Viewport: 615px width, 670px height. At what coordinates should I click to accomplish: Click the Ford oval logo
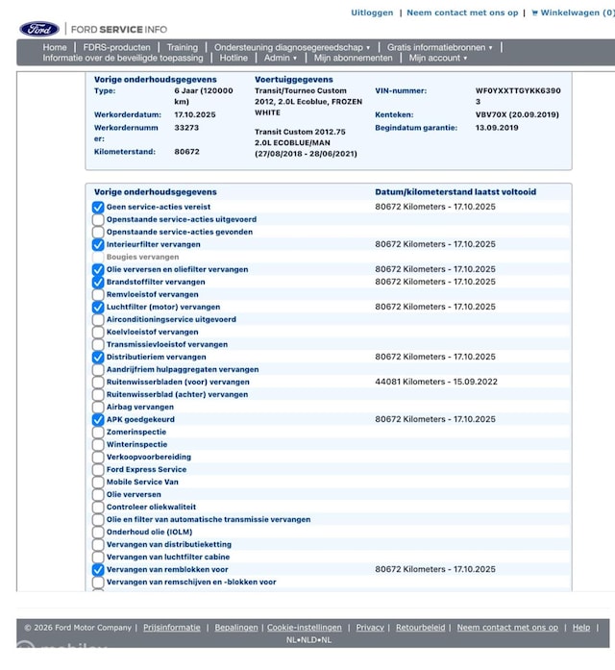point(39,29)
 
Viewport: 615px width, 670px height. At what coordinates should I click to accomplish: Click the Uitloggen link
point(372,12)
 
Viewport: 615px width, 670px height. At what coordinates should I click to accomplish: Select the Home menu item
point(55,47)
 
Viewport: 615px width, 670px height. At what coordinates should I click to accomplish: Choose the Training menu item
point(182,47)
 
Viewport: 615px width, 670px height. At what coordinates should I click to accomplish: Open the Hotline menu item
point(234,58)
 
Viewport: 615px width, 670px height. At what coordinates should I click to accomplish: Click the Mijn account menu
point(437,58)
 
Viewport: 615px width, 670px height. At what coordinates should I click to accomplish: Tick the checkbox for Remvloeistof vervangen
point(98,294)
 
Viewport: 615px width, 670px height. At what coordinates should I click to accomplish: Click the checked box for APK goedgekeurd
point(98,419)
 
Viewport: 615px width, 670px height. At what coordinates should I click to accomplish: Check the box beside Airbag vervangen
point(98,407)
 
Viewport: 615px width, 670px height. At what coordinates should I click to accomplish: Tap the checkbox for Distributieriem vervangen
point(98,357)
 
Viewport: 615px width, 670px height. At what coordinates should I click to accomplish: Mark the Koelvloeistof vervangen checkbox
point(98,332)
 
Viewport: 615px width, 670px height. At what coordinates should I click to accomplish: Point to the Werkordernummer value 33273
point(187,127)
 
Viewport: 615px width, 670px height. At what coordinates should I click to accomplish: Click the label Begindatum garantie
point(417,127)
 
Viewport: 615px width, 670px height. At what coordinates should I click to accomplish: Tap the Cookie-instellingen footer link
point(304,628)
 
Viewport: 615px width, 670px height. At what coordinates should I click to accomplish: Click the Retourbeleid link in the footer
point(421,628)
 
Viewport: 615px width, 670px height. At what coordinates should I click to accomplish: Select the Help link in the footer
point(581,628)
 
